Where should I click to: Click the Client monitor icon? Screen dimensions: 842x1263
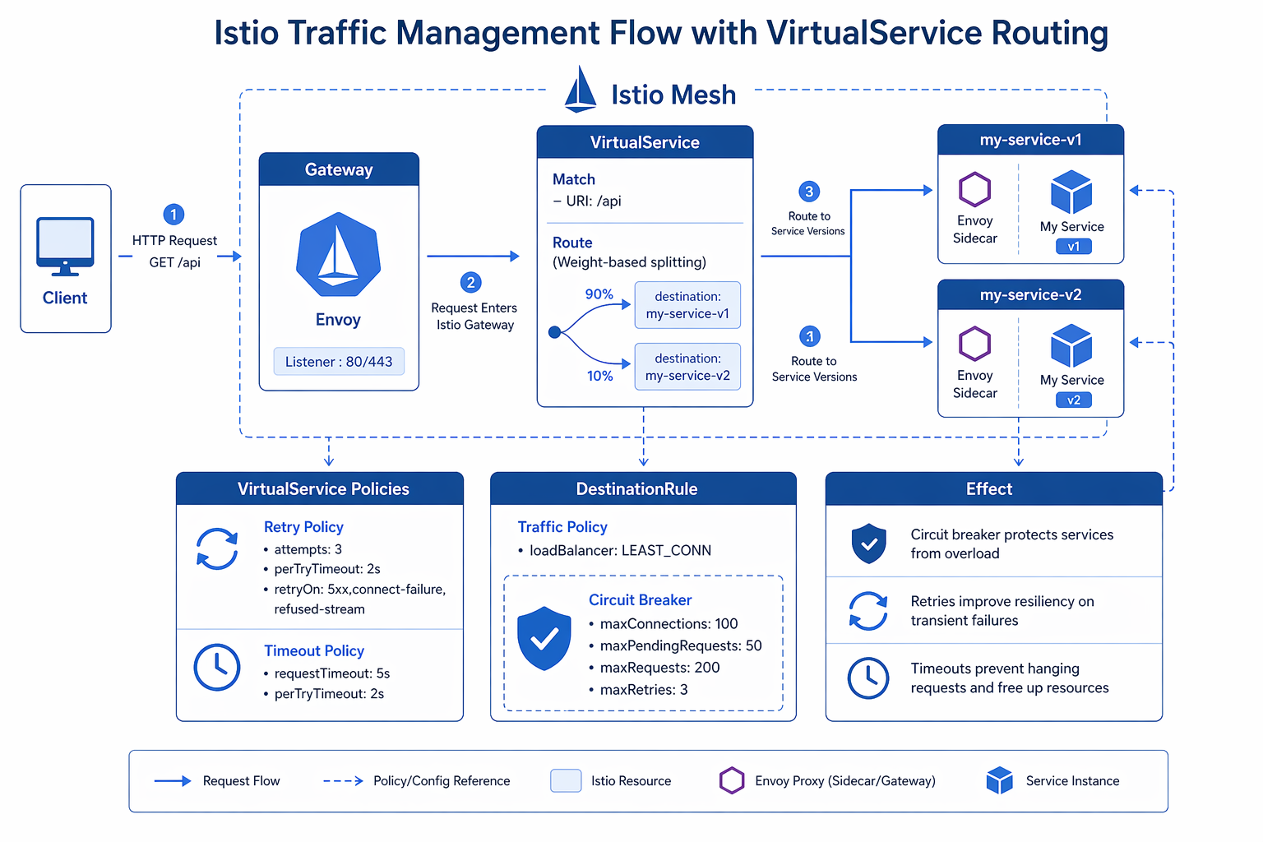click(x=65, y=246)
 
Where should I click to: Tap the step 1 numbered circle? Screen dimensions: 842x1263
click(x=173, y=215)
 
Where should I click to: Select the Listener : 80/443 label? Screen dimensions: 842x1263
click(x=339, y=362)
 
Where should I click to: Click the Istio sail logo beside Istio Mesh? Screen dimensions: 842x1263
click(x=581, y=90)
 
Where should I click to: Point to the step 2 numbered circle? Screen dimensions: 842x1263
click(x=470, y=283)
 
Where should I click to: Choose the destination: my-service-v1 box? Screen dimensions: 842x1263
click(x=687, y=305)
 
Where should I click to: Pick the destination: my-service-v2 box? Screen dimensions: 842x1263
click(x=687, y=367)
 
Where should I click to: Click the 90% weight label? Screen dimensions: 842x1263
click(x=599, y=294)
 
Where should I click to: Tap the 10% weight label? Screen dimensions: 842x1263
click(x=599, y=376)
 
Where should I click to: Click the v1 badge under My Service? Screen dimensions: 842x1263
click(x=1073, y=247)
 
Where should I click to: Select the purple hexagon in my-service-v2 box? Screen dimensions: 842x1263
click(x=974, y=344)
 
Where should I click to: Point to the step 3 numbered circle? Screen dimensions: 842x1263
click(x=809, y=192)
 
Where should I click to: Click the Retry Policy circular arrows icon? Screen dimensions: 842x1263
click(x=217, y=548)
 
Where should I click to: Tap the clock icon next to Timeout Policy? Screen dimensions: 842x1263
click(x=217, y=667)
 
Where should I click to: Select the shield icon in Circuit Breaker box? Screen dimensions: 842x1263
click(x=544, y=638)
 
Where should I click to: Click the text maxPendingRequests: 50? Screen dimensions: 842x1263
click(x=681, y=645)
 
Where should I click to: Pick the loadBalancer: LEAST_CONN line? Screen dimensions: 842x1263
click(x=620, y=550)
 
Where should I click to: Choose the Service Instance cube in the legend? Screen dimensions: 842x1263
click(x=999, y=780)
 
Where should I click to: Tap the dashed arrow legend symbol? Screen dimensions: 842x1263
click(x=343, y=781)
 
